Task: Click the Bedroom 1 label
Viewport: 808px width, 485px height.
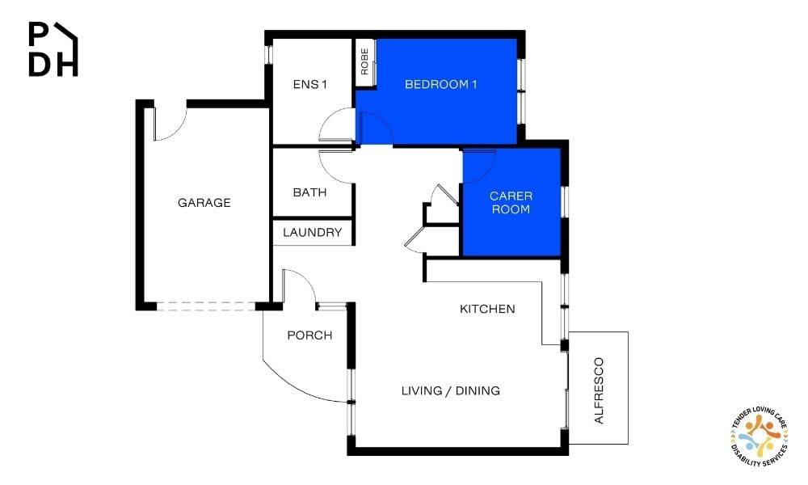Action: pos(440,84)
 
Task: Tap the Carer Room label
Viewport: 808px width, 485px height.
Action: pos(511,203)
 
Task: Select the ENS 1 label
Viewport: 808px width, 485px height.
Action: pos(309,84)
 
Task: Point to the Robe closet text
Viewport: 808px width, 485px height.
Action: pos(364,61)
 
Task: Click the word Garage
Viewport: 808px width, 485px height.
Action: pos(204,203)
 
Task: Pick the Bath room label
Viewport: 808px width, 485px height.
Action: pos(309,192)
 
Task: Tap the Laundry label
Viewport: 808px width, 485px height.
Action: pos(312,233)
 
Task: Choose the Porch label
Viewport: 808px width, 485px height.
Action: pos(309,335)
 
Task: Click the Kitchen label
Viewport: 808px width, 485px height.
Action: pos(487,309)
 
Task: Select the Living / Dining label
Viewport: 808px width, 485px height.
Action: pos(450,390)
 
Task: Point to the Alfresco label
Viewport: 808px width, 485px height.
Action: pos(599,390)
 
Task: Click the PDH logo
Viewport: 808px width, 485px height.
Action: pos(53,49)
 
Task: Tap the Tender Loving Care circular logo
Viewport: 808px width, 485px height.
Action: pos(759,436)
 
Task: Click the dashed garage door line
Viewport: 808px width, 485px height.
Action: pos(205,306)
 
